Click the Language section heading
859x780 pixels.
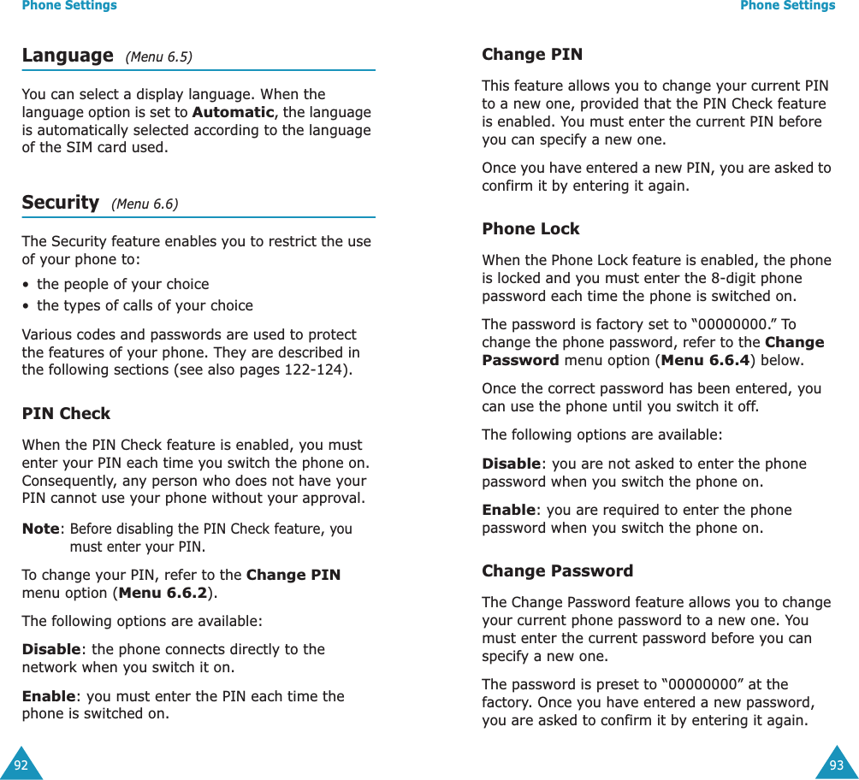tap(67, 56)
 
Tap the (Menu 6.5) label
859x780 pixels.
tap(158, 57)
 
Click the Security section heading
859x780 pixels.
tap(60, 203)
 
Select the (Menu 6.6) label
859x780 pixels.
tap(145, 204)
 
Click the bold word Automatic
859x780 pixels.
tap(234, 112)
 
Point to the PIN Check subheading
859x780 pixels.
tap(66, 413)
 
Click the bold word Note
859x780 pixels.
tap(40, 529)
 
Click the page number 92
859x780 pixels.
tap(21, 765)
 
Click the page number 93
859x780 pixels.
tap(836, 765)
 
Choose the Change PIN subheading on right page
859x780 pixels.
tap(531, 54)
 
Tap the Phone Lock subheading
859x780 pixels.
tap(530, 228)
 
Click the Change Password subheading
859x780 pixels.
tap(557, 570)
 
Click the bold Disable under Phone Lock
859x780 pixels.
tap(511, 464)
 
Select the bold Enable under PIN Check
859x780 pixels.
tap(48, 696)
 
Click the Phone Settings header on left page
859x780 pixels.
tap(69, 6)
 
